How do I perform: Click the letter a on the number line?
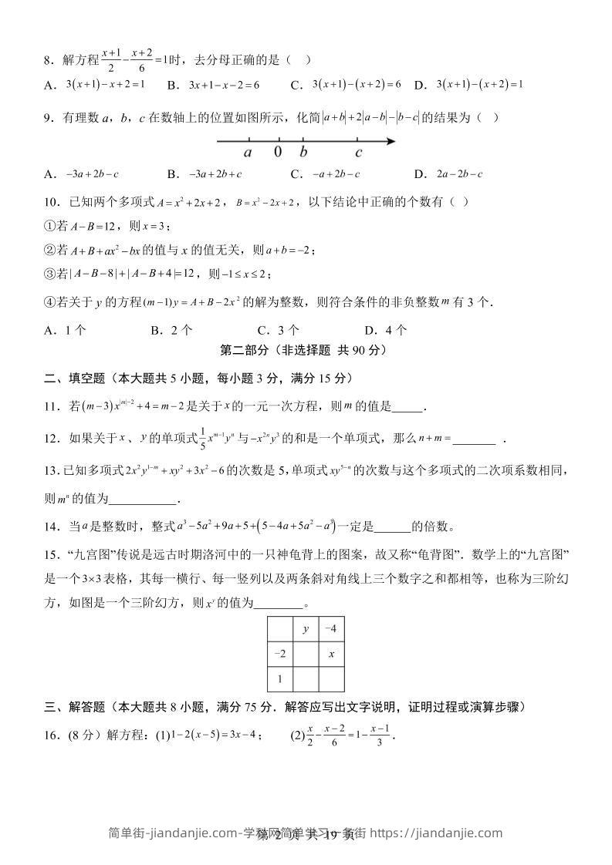coord(248,152)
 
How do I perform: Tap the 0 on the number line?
coord(278,152)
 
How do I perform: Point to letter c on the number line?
coord(359,152)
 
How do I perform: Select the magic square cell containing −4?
coord(331,629)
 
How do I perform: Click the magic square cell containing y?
coord(306,629)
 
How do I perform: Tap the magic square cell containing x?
coord(331,654)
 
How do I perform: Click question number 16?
coord(52,735)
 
